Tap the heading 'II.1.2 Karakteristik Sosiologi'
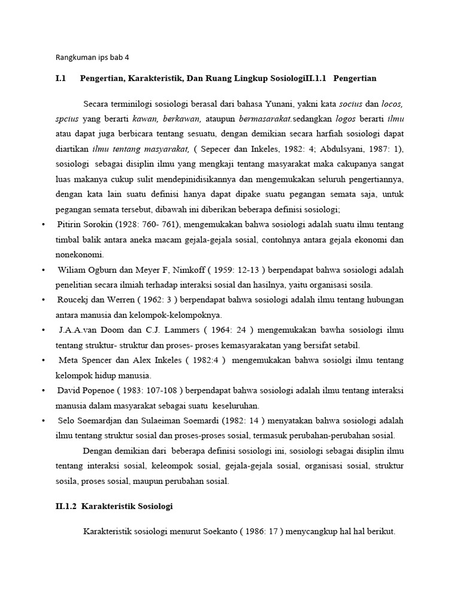[x=114, y=506]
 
